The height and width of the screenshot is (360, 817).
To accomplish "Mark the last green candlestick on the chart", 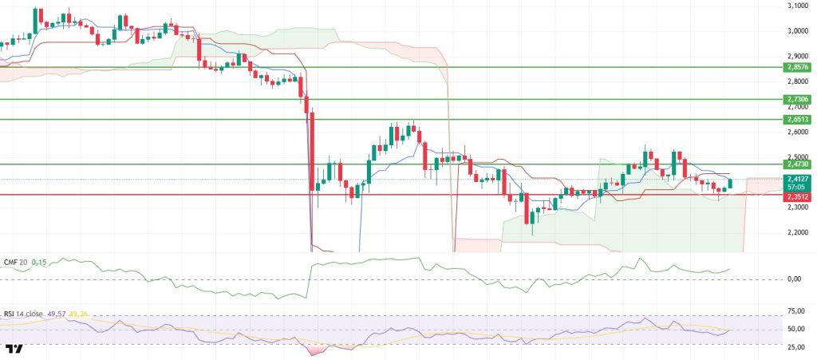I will (x=730, y=184).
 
